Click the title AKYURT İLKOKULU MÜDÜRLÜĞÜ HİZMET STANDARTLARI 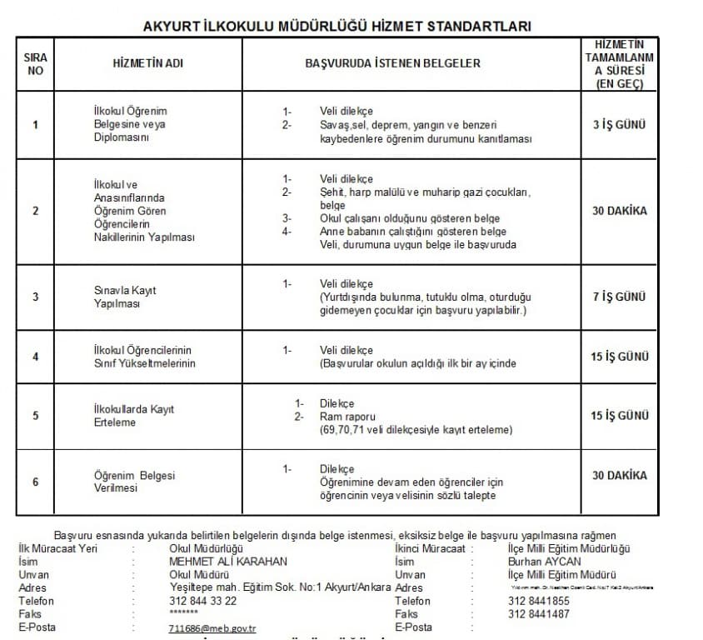pyautogui.click(x=337, y=26)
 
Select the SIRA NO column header pyautogui.click(x=35, y=63)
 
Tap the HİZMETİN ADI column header pyautogui.click(x=147, y=63)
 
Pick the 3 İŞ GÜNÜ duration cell pyautogui.click(x=620, y=125)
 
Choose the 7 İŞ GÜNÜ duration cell pyautogui.click(x=620, y=297)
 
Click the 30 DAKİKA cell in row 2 pyautogui.click(x=620, y=211)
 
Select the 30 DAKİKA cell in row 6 pyautogui.click(x=620, y=475)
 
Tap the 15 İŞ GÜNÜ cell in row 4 pyautogui.click(x=620, y=357)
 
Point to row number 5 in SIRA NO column pyautogui.click(x=35, y=415)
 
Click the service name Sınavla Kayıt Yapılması pyautogui.click(x=125, y=297)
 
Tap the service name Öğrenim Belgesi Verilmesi pyautogui.click(x=134, y=482)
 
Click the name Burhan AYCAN pyautogui.click(x=545, y=562)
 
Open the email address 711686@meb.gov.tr pyautogui.click(x=212, y=628)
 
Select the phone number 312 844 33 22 pyautogui.click(x=202, y=601)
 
